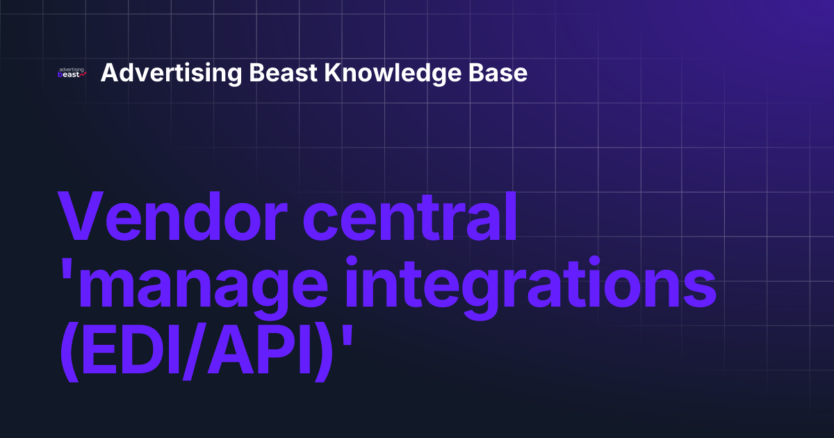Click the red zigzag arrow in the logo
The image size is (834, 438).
[x=83, y=74]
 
